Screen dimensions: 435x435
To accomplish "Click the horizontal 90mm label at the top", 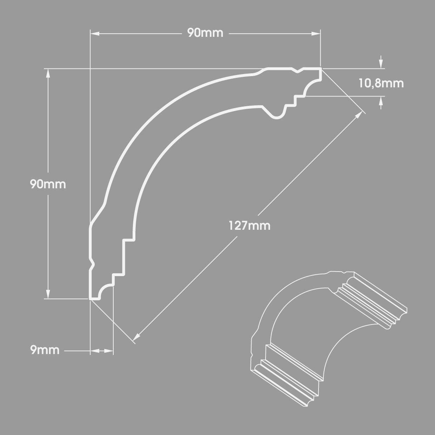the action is tap(205, 33).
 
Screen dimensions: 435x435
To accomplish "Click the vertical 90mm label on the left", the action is tap(48, 185).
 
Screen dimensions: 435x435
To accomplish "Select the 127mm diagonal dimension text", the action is tap(250, 226).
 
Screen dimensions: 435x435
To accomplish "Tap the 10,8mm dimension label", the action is tap(381, 83).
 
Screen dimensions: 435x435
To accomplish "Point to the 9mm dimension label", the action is tap(45, 350).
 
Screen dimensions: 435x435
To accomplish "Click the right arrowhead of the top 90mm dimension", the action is tap(316, 34).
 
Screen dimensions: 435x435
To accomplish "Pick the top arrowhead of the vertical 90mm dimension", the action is tap(48, 73).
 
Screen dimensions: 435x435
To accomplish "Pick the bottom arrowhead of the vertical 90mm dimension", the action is tap(48, 294).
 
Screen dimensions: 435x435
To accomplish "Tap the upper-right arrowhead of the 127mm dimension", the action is tap(359, 116).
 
